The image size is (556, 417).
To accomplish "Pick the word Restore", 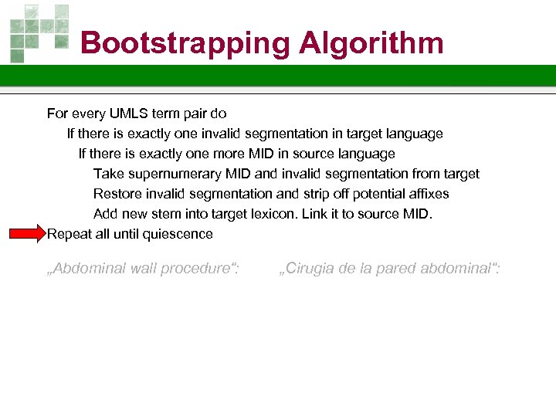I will tap(117, 194).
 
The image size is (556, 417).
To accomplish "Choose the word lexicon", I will tap(276, 214).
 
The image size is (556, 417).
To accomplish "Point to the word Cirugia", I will tap(308, 269).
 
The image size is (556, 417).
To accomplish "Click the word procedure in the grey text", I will tap(202, 269).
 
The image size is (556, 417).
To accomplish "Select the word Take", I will tap(107, 174).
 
